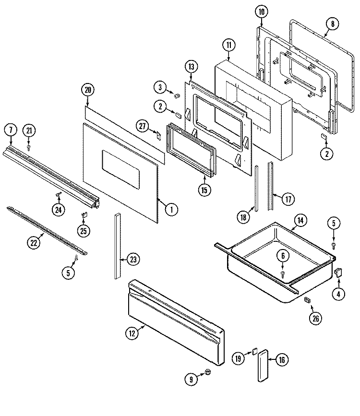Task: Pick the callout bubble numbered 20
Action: [x=87, y=90]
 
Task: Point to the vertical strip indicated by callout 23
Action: [x=117, y=246]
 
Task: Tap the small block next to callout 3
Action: [x=177, y=90]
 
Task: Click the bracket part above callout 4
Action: [x=337, y=273]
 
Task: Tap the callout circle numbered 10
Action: [x=261, y=12]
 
